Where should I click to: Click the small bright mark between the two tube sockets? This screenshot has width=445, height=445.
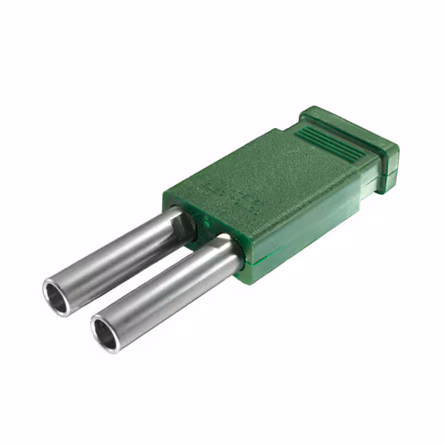point(207,223)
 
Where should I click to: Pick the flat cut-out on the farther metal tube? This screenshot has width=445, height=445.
point(182,229)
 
